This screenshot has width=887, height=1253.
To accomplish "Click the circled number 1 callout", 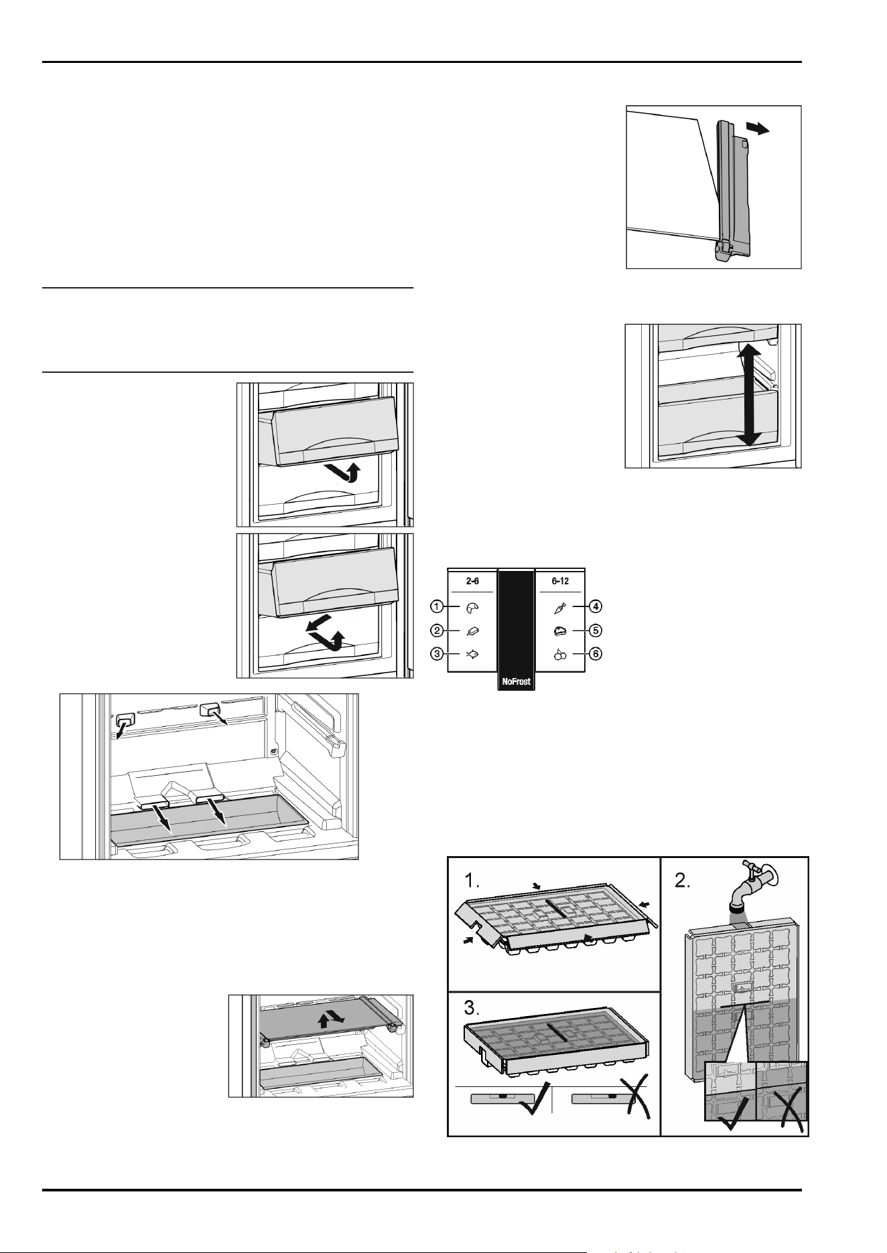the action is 436,606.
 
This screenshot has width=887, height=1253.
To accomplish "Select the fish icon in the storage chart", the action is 472,654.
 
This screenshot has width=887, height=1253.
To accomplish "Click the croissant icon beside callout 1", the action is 472,607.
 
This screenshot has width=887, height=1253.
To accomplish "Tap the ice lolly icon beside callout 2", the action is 472,631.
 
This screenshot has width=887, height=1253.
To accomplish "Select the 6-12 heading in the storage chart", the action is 560,581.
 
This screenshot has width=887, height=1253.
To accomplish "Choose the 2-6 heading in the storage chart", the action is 473,581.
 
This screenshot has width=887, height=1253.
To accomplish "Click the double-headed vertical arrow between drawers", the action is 749,396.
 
